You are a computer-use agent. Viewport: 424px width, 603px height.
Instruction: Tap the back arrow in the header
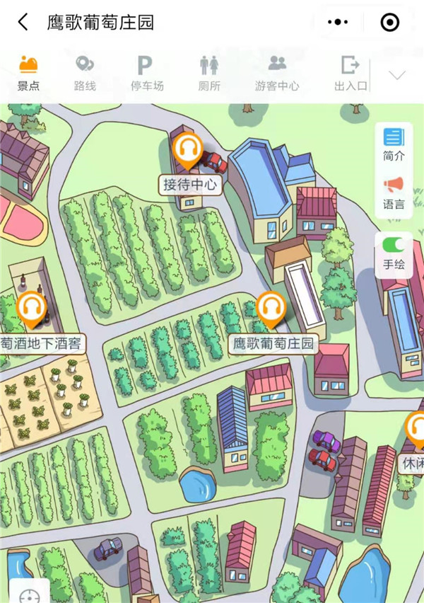coord(23,22)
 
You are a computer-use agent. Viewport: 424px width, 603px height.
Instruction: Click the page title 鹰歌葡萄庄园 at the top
coord(100,22)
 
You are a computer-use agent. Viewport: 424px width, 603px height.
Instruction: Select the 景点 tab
coord(28,73)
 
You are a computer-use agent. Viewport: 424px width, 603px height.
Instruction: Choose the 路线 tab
coord(85,73)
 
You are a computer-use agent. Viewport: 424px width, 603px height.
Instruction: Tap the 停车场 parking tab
coord(147,73)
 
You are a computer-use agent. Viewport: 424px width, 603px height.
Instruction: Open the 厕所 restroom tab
coord(209,73)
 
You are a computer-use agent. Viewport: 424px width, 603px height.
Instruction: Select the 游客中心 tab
coord(277,73)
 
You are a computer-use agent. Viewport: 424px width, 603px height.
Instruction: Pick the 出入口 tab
coord(351,73)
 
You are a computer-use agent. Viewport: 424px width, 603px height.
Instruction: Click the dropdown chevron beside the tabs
coord(397,75)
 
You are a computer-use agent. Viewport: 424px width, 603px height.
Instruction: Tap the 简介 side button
coord(394,144)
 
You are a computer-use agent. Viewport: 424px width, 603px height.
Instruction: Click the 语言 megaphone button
coord(394,193)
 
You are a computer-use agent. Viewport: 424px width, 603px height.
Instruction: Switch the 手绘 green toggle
coord(394,245)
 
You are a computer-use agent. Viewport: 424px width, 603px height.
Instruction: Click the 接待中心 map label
coord(190,185)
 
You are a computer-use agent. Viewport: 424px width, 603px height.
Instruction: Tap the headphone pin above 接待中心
coord(189,149)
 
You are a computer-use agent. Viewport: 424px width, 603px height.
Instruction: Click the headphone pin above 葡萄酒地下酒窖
coord(31,309)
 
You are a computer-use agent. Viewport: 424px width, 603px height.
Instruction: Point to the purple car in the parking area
coord(326,440)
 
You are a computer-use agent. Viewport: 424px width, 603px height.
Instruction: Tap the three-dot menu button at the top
coord(338,23)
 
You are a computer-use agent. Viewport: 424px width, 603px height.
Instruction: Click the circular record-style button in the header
coord(390,23)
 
